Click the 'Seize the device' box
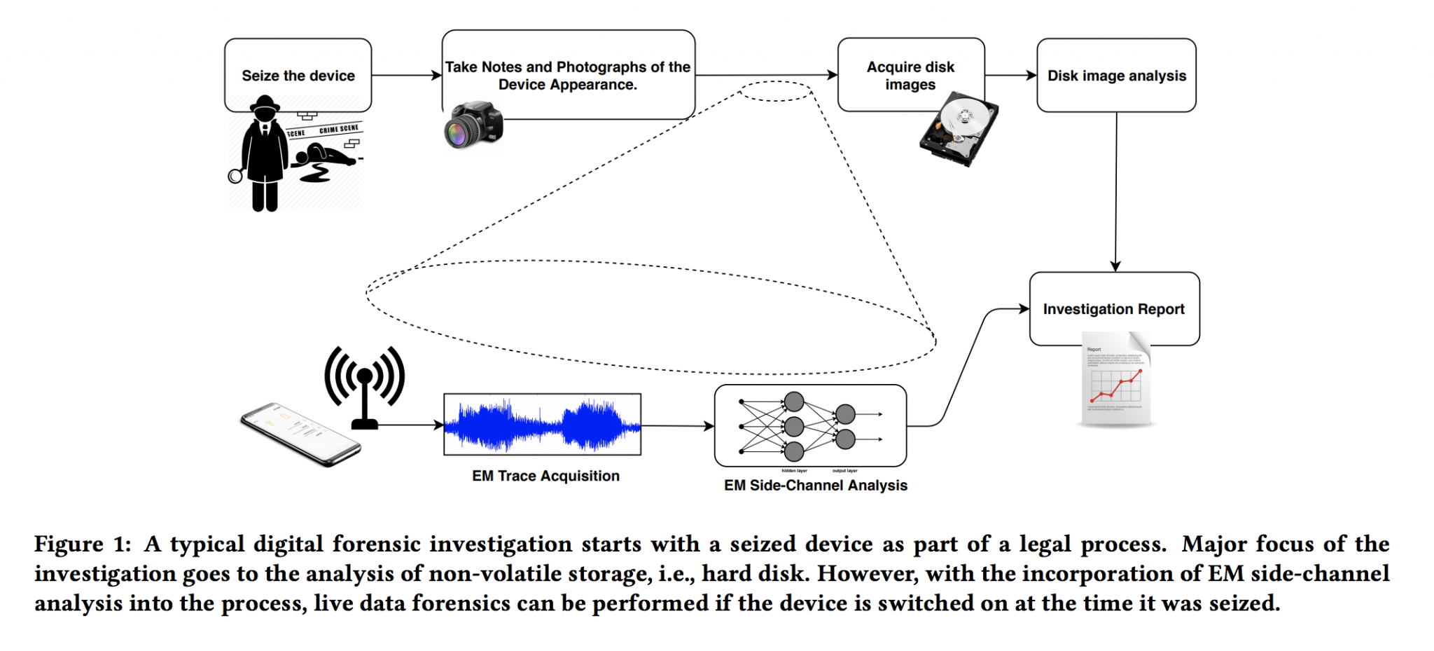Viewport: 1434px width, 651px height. [298, 75]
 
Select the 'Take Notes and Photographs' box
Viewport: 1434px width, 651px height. [568, 75]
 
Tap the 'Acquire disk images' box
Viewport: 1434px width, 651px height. [910, 75]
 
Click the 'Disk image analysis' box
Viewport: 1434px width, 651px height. [1116, 75]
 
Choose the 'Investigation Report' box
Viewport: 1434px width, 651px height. [1113, 308]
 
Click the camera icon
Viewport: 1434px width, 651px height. [474, 126]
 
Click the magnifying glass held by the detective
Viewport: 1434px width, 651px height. [235, 176]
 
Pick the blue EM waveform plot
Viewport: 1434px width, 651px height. [542, 425]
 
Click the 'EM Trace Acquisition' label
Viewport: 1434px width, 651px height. [545, 476]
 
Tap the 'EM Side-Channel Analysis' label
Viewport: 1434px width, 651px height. [815, 485]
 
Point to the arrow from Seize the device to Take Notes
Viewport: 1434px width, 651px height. [406, 75]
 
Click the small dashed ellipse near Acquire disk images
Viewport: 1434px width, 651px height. [776, 91]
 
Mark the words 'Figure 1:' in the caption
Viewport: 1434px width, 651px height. [82, 544]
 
